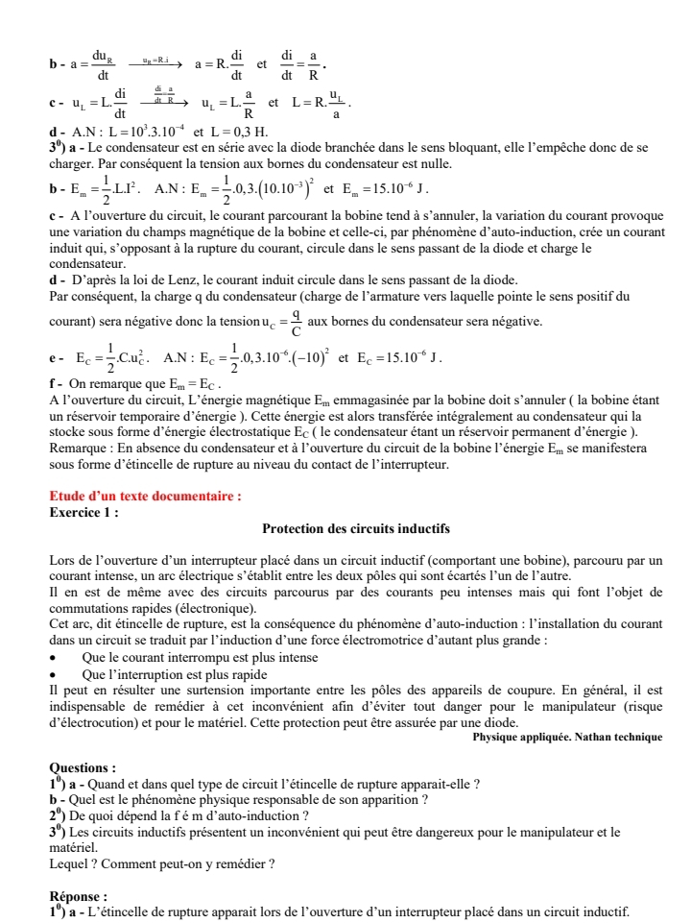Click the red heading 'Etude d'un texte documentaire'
tap(144, 497)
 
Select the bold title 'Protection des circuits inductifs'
tap(356, 529)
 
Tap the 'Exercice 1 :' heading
tap(83, 511)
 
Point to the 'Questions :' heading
tap(83, 767)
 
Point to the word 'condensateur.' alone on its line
tap(85, 262)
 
